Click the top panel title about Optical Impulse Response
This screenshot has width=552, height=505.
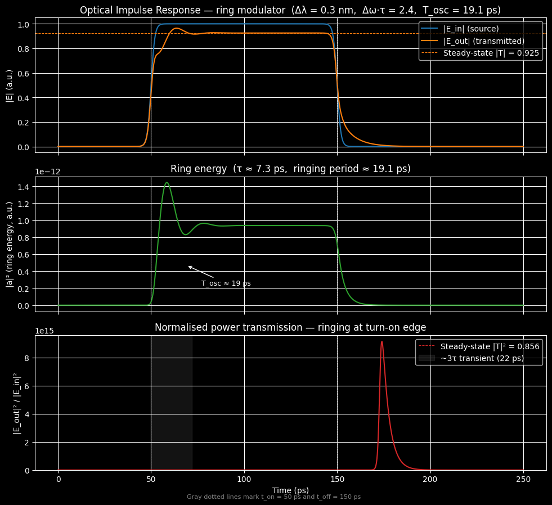[290, 10]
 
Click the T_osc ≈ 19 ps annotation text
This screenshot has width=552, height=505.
[226, 283]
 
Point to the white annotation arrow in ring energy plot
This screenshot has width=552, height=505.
[200, 272]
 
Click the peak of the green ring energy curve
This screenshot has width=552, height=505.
[167, 183]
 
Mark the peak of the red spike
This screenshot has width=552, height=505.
[382, 341]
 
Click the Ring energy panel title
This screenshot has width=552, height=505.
[290, 169]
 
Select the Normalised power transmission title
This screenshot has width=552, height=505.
[290, 328]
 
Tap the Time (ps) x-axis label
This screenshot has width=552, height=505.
[290, 490]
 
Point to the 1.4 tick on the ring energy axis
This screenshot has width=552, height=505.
[24, 187]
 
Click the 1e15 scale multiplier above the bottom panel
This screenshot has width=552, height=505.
[44, 331]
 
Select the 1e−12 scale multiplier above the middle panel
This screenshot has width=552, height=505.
[48, 172]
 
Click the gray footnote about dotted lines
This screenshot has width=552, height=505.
[273, 497]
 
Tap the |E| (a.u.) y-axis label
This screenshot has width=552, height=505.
[9, 85]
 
